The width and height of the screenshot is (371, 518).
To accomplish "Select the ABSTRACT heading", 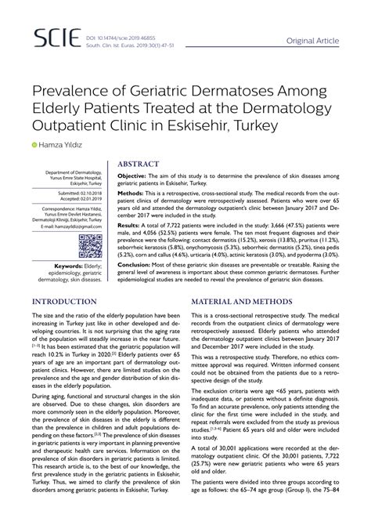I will click(143, 165).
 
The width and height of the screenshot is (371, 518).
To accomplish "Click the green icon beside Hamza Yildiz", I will click(34, 145).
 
